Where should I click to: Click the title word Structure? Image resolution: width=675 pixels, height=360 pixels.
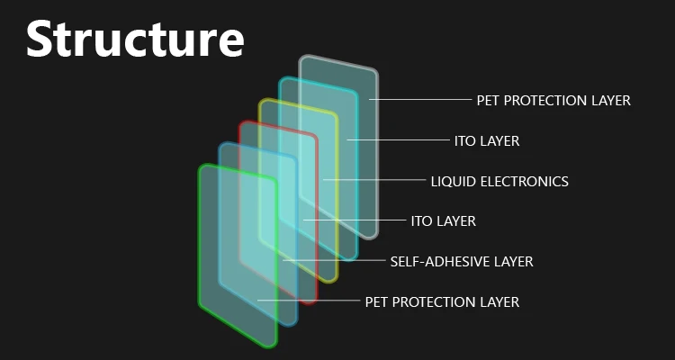tap(135, 40)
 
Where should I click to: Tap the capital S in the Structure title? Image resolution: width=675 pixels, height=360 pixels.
tap(40, 40)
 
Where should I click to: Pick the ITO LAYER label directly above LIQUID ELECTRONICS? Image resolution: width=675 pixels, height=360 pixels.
tap(487, 140)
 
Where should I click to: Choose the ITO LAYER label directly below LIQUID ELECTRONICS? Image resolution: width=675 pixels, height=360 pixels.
tap(444, 220)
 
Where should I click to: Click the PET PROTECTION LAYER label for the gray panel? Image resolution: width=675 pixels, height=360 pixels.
tap(553, 100)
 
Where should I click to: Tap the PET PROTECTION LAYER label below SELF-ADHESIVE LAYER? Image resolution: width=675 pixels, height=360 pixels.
tap(442, 301)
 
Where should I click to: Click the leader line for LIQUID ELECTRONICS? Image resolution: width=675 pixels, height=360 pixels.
tap(374, 180)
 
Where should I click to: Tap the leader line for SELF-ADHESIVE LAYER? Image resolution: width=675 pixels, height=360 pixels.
tap(334, 260)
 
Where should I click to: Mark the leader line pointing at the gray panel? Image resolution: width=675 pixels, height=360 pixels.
tap(420, 100)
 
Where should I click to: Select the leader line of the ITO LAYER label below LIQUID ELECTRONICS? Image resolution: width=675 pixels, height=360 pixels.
tap(355, 220)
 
